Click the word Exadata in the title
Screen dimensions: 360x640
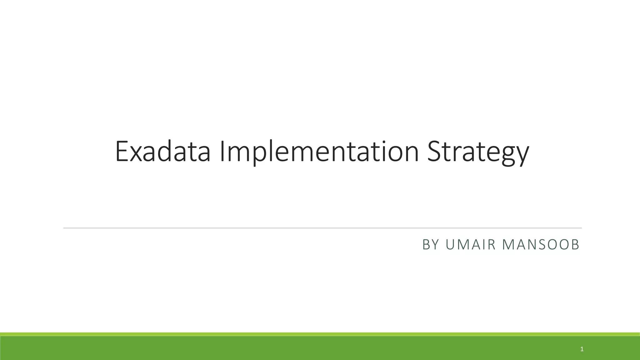(x=162, y=152)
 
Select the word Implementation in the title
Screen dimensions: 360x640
(x=319, y=152)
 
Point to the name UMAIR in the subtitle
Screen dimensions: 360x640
(x=471, y=245)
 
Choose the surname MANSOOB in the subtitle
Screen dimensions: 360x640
(x=541, y=245)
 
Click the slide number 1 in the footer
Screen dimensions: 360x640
(x=582, y=349)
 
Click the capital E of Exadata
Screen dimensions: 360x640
(x=122, y=152)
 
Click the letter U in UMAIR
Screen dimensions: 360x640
(x=450, y=245)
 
